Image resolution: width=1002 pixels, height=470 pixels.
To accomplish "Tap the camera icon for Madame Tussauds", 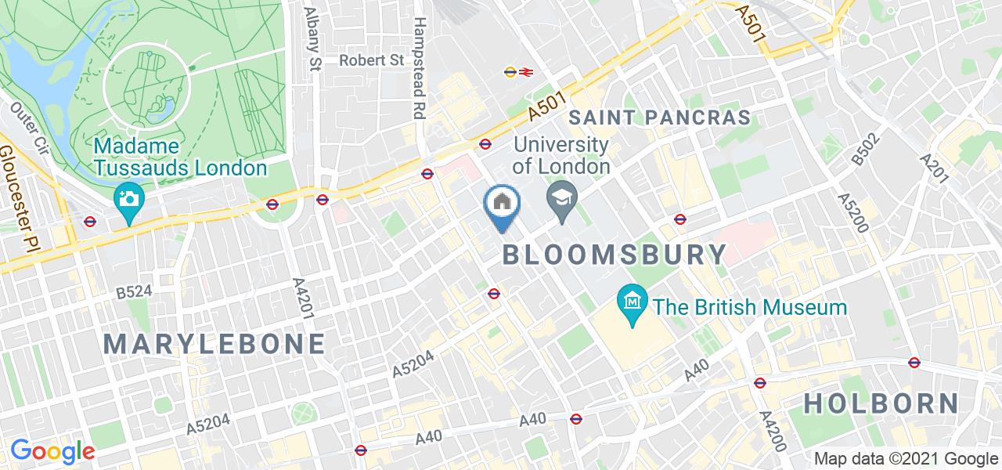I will (127, 197).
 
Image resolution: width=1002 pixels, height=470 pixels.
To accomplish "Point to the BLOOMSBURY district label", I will (615, 255).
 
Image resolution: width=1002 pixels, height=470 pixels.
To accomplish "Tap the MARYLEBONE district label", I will (214, 344).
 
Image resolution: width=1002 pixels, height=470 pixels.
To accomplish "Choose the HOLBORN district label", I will (881, 403).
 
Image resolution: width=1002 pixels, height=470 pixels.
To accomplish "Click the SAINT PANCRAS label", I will (660, 118).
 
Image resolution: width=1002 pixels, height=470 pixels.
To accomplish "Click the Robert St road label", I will (371, 60).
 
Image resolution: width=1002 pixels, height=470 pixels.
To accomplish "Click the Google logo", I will (52, 451).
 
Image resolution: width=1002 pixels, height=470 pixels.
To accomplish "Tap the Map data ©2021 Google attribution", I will (906, 459).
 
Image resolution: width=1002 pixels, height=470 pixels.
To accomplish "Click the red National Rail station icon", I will (525, 72).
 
